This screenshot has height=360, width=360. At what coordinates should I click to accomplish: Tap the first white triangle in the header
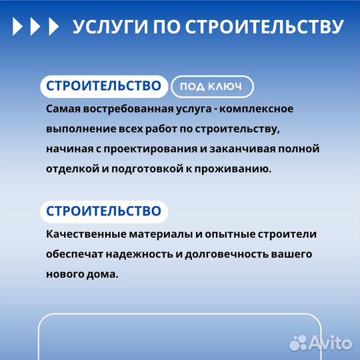coord(18,27)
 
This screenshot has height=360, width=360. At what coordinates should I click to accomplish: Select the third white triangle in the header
coord(53,27)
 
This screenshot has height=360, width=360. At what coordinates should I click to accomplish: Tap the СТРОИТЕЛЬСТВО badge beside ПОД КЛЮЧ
coord(104,87)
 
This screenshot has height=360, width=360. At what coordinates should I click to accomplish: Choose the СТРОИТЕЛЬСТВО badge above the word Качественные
coord(104,211)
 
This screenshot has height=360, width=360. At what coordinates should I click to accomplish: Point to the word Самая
coord(63,109)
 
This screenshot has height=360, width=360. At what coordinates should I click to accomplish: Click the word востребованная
coord(123,109)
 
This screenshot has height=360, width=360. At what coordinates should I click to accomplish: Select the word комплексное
coord(257,109)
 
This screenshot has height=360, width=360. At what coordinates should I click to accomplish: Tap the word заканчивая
coord(253,148)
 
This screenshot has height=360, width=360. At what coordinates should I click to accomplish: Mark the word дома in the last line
coord(103,274)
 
